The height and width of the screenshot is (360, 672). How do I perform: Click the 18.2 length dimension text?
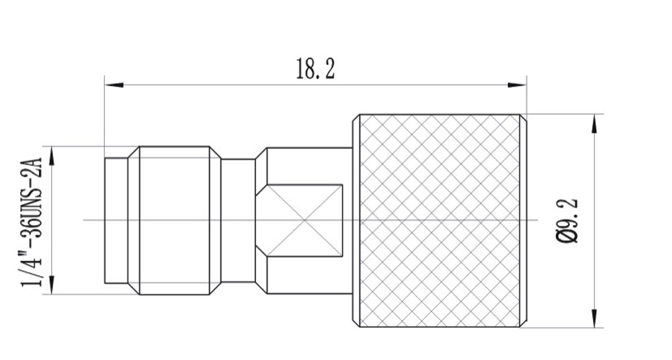coord(315,69)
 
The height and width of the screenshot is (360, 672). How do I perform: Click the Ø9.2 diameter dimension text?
coord(569,220)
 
